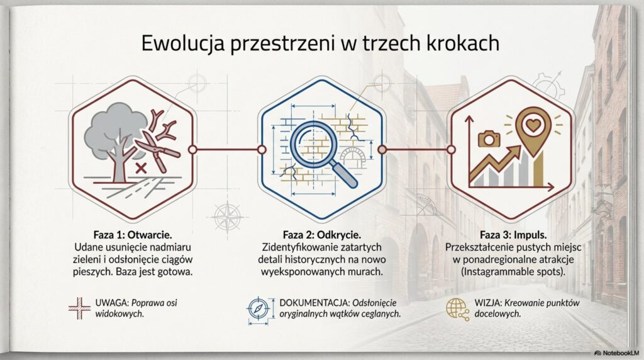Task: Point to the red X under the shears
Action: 142,167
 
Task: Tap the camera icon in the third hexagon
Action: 487,138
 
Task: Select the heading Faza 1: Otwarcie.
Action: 130,232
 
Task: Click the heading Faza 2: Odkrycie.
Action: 321,232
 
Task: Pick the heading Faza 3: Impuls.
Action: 511,232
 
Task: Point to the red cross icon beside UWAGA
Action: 79,308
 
